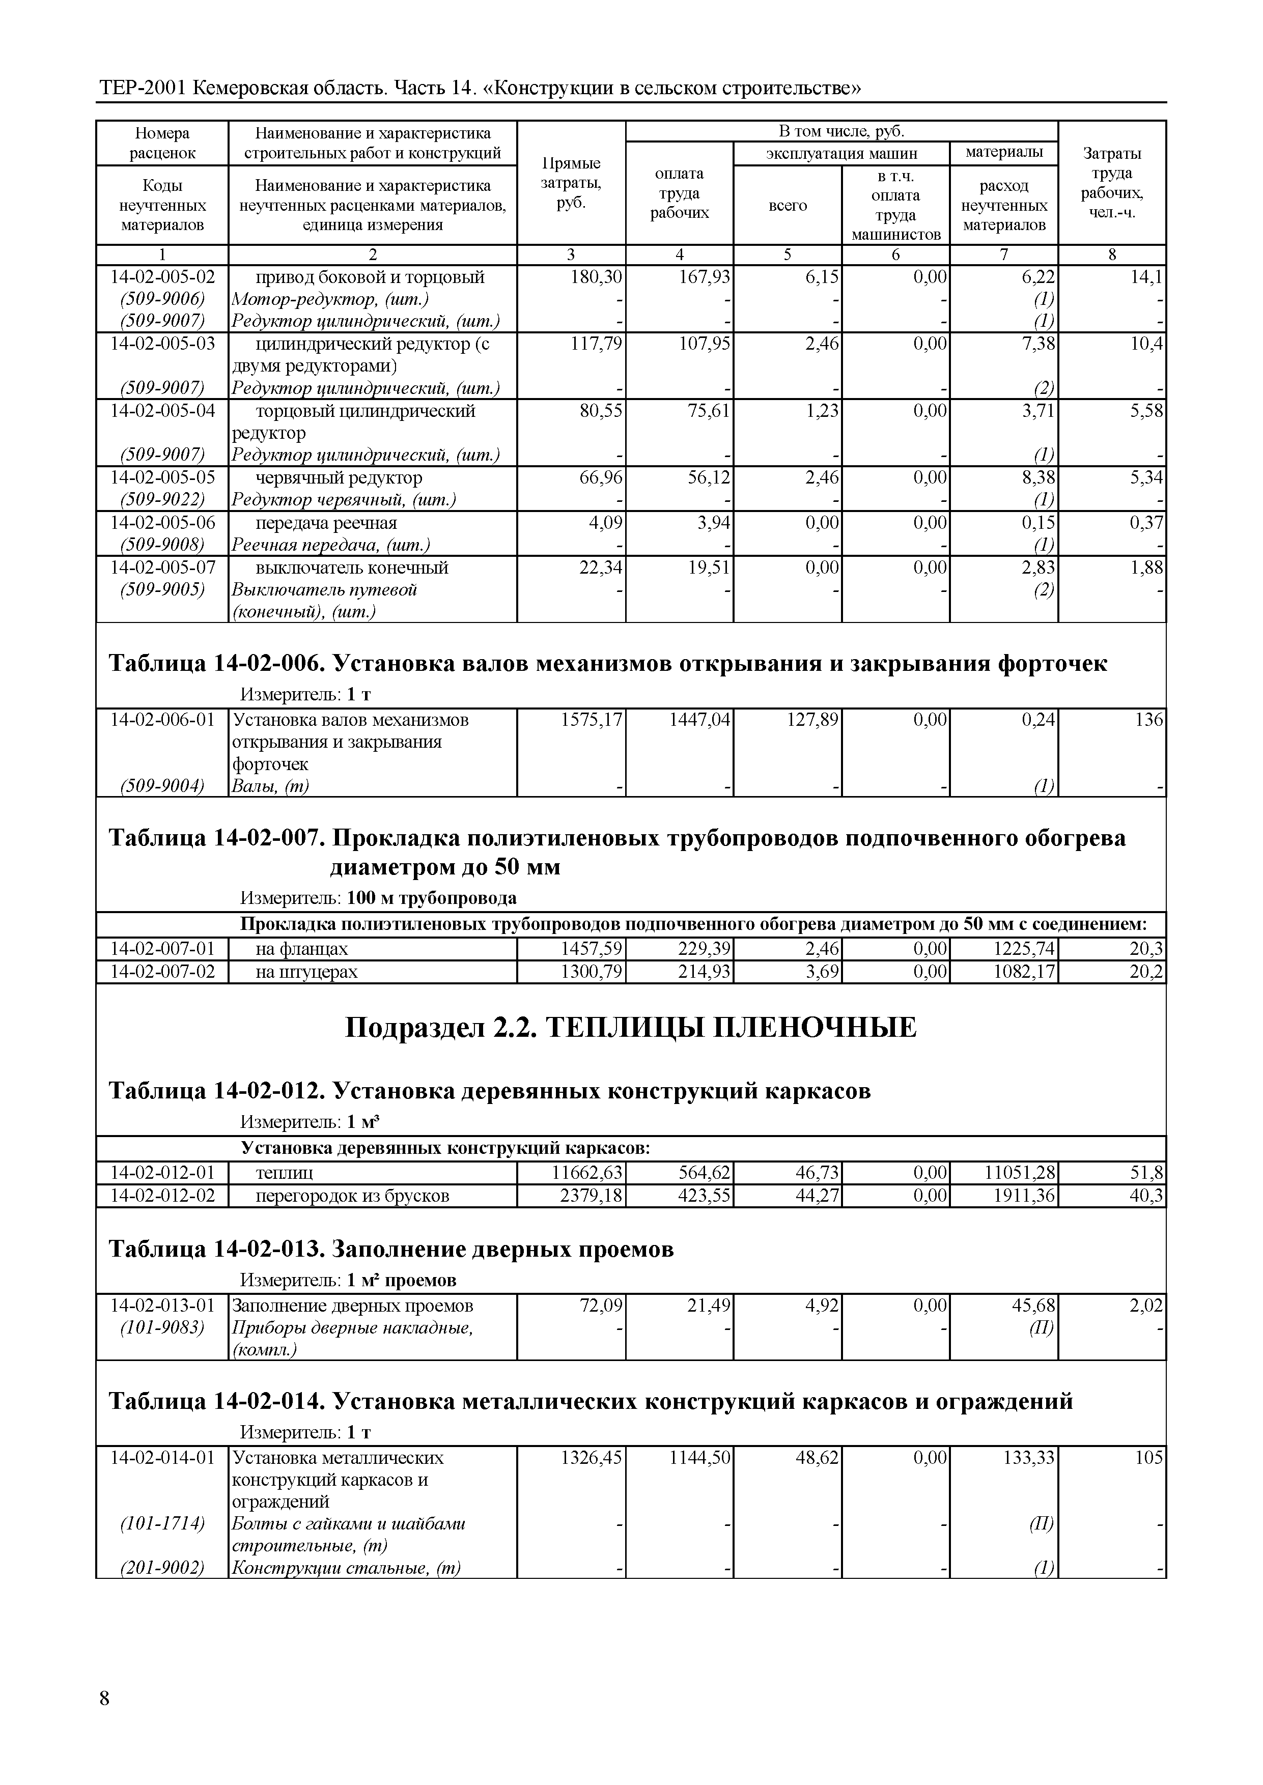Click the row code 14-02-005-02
(162, 277)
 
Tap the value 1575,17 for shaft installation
(592, 720)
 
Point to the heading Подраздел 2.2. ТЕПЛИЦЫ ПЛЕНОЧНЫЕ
(631, 1027)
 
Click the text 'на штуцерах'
(306, 972)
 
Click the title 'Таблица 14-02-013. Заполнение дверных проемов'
(391, 1250)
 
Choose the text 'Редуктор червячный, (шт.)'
(344, 500)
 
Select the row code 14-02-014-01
(162, 1458)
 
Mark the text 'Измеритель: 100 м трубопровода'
(378, 898)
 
